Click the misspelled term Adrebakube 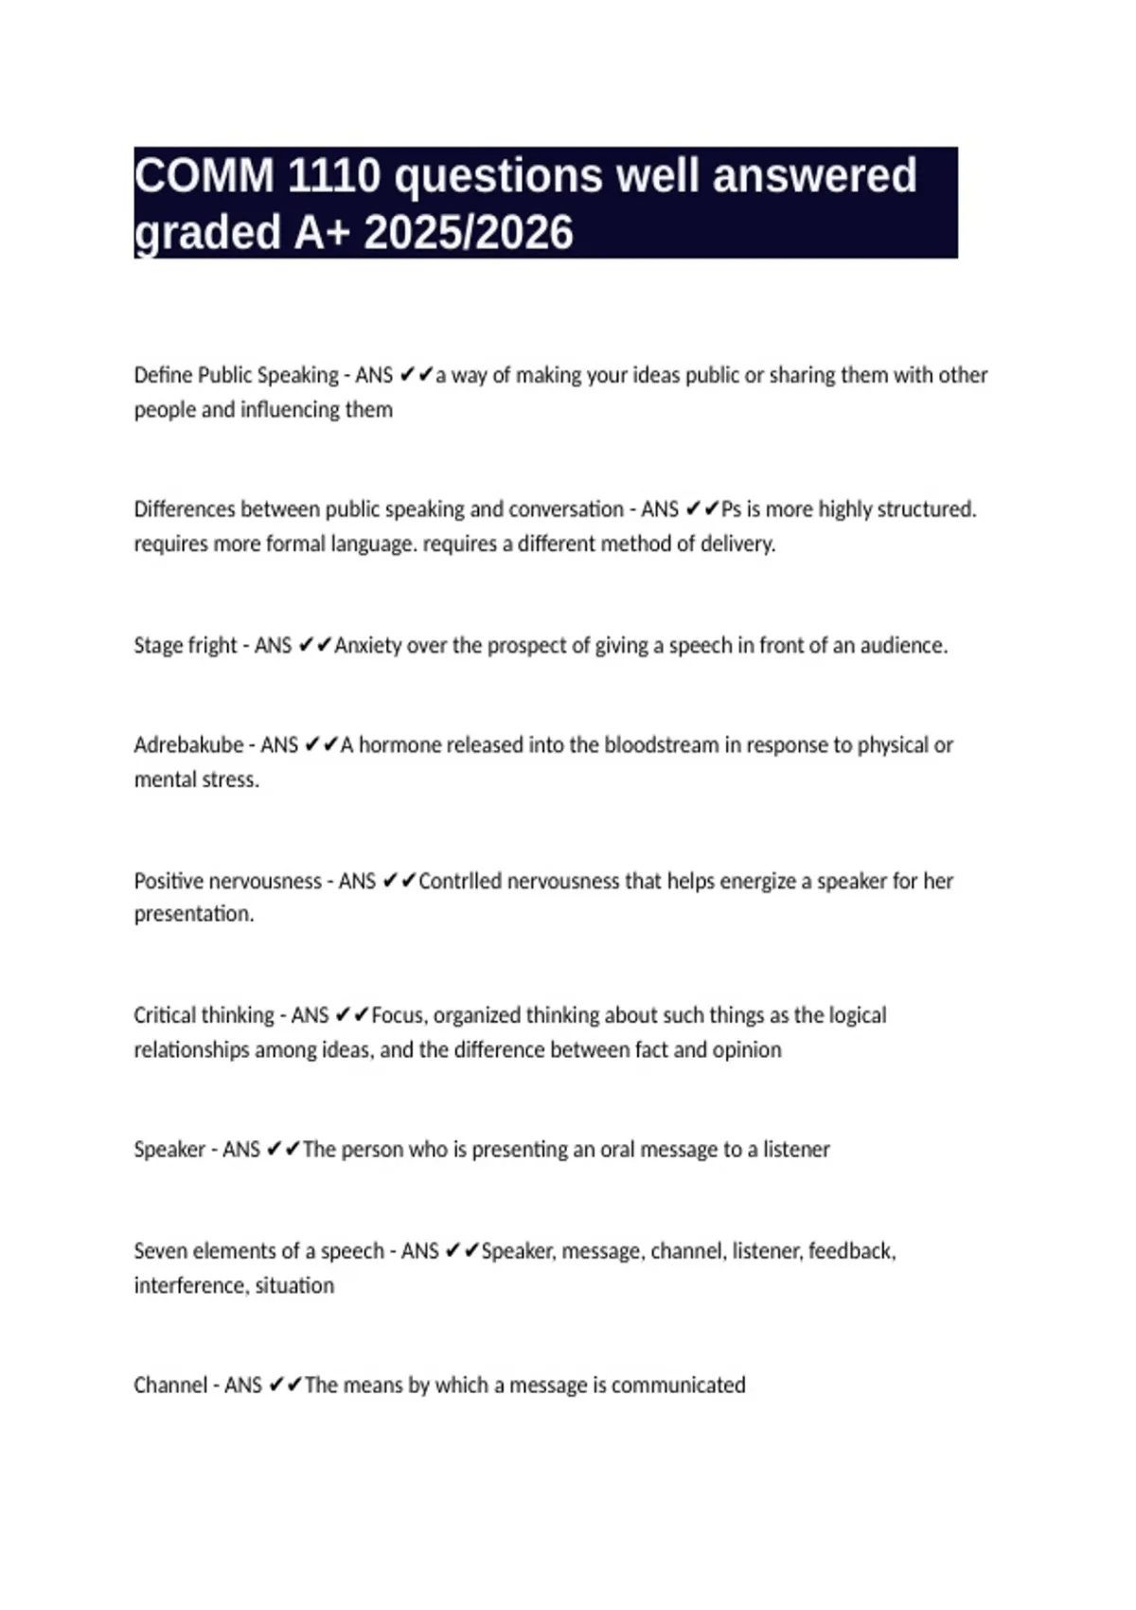[188, 745]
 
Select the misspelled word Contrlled [460, 881]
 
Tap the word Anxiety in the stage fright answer [367, 646]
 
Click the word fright [212, 646]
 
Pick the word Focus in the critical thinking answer [398, 1015]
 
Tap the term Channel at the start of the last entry [170, 1386]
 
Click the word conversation [566, 510]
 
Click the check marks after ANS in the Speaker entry [283, 1150]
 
